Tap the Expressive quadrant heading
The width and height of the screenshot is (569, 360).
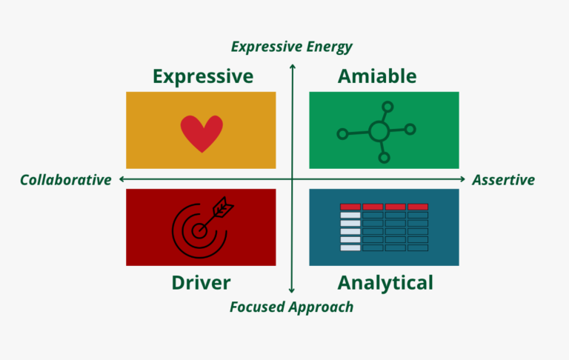(x=203, y=76)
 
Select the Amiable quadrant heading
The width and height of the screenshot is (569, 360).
(x=377, y=76)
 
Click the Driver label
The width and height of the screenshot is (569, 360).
(x=201, y=283)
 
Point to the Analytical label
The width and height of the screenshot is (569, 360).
(x=385, y=283)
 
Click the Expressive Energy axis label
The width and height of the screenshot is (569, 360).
(x=292, y=47)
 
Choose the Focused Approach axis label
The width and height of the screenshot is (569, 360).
(x=292, y=307)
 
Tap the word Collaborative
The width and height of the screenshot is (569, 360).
(x=66, y=180)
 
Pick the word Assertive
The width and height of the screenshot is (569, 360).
(x=503, y=180)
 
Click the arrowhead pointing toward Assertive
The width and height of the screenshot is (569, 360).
(x=462, y=179)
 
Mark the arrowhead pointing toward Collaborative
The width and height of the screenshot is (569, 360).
(x=122, y=179)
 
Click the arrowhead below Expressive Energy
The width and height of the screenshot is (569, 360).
(x=293, y=67)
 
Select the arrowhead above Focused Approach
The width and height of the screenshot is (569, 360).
(x=292, y=290)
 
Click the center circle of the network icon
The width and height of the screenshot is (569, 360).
(x=379, y=131)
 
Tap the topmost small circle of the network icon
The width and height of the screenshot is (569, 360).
(x=387, y=107)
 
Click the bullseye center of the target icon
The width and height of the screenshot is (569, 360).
(x=199, y=230)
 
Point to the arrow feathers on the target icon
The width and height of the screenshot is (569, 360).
(x=223, y=207)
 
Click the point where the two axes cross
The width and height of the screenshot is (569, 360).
(x=292, y=179)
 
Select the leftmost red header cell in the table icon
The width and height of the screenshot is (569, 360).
(x=350, y=207)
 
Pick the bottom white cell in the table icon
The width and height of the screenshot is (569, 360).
(x=350, y=248)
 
